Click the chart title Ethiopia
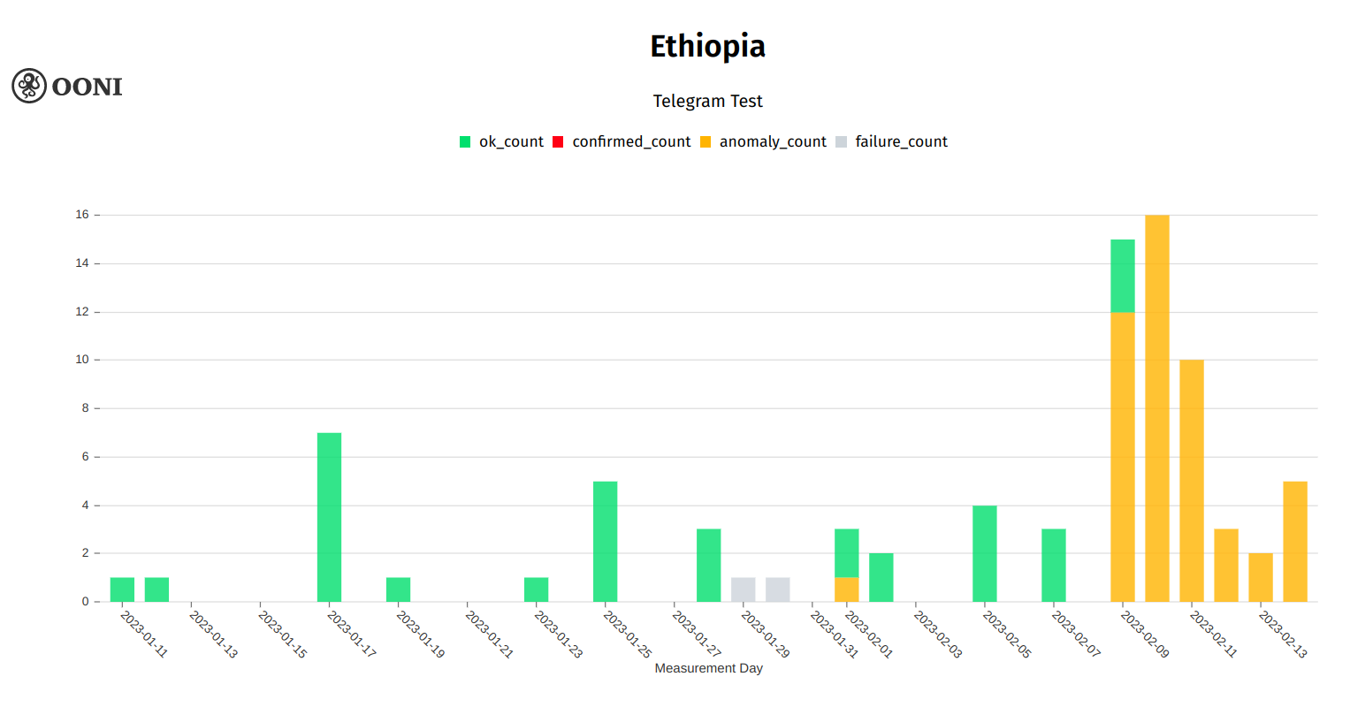coord(707,46)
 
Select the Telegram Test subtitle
coord(707,101)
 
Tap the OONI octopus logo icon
coord(29,86)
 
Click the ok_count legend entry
coord(501,141)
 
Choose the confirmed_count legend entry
coord(622,141)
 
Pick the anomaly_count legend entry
coord(763,141)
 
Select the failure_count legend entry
coord(891,141)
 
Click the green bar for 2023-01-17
coord(329,517)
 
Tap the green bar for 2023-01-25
coord(605,541)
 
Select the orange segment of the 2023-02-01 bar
coord(846,589)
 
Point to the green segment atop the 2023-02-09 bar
coord(1122,276)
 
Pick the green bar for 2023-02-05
coord(984,553)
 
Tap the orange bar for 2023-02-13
coord(1294,541)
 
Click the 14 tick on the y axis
coord(82,263)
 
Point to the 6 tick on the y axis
coord(85,457)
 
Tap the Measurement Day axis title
coord(708,668)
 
